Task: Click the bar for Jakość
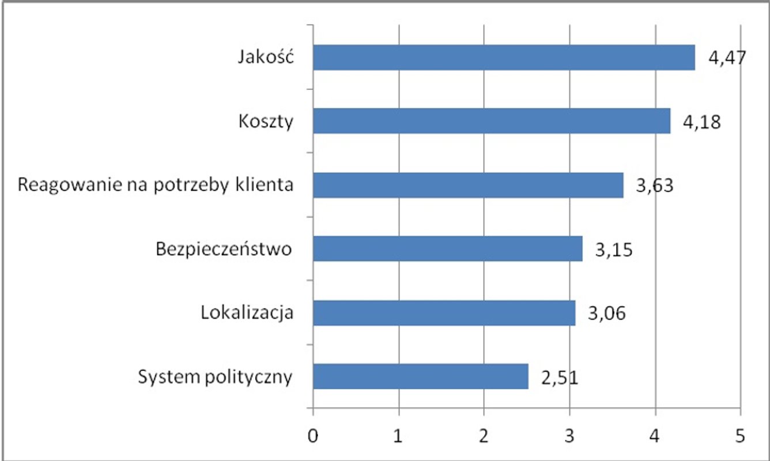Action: (504, 58)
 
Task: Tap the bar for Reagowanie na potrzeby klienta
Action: (468, 185)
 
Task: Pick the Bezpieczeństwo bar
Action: (448, 249)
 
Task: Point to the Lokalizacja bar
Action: (444, 313)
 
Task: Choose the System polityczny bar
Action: (421, 376)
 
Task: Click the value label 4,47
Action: (728, 59)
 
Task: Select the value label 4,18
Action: (702, 123)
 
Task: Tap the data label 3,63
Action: (655, 187)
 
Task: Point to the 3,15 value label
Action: (614, 251)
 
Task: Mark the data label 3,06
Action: (607, 315)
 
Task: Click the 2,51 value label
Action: (559, 378)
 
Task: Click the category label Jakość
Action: (267, 58)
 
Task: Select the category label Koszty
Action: (265, 122)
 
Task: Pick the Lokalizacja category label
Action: (247, 313)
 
